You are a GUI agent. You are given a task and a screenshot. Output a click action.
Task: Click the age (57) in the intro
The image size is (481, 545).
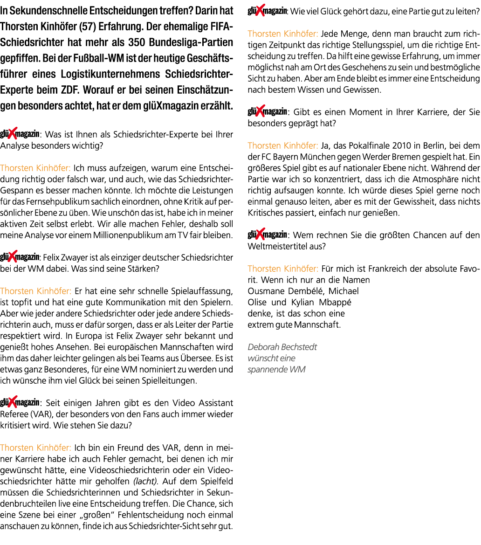point(87,27)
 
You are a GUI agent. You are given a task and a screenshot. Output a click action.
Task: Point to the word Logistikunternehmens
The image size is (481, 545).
point(110,74)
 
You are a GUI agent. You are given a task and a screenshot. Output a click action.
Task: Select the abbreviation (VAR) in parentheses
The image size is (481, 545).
point(41,414)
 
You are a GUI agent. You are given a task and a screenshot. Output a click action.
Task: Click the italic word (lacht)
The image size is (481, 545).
point(145,482)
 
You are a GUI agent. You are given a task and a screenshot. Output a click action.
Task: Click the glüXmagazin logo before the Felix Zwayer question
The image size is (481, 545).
point(20,257)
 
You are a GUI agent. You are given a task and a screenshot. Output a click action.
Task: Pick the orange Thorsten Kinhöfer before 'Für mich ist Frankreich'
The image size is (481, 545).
point(283,269)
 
